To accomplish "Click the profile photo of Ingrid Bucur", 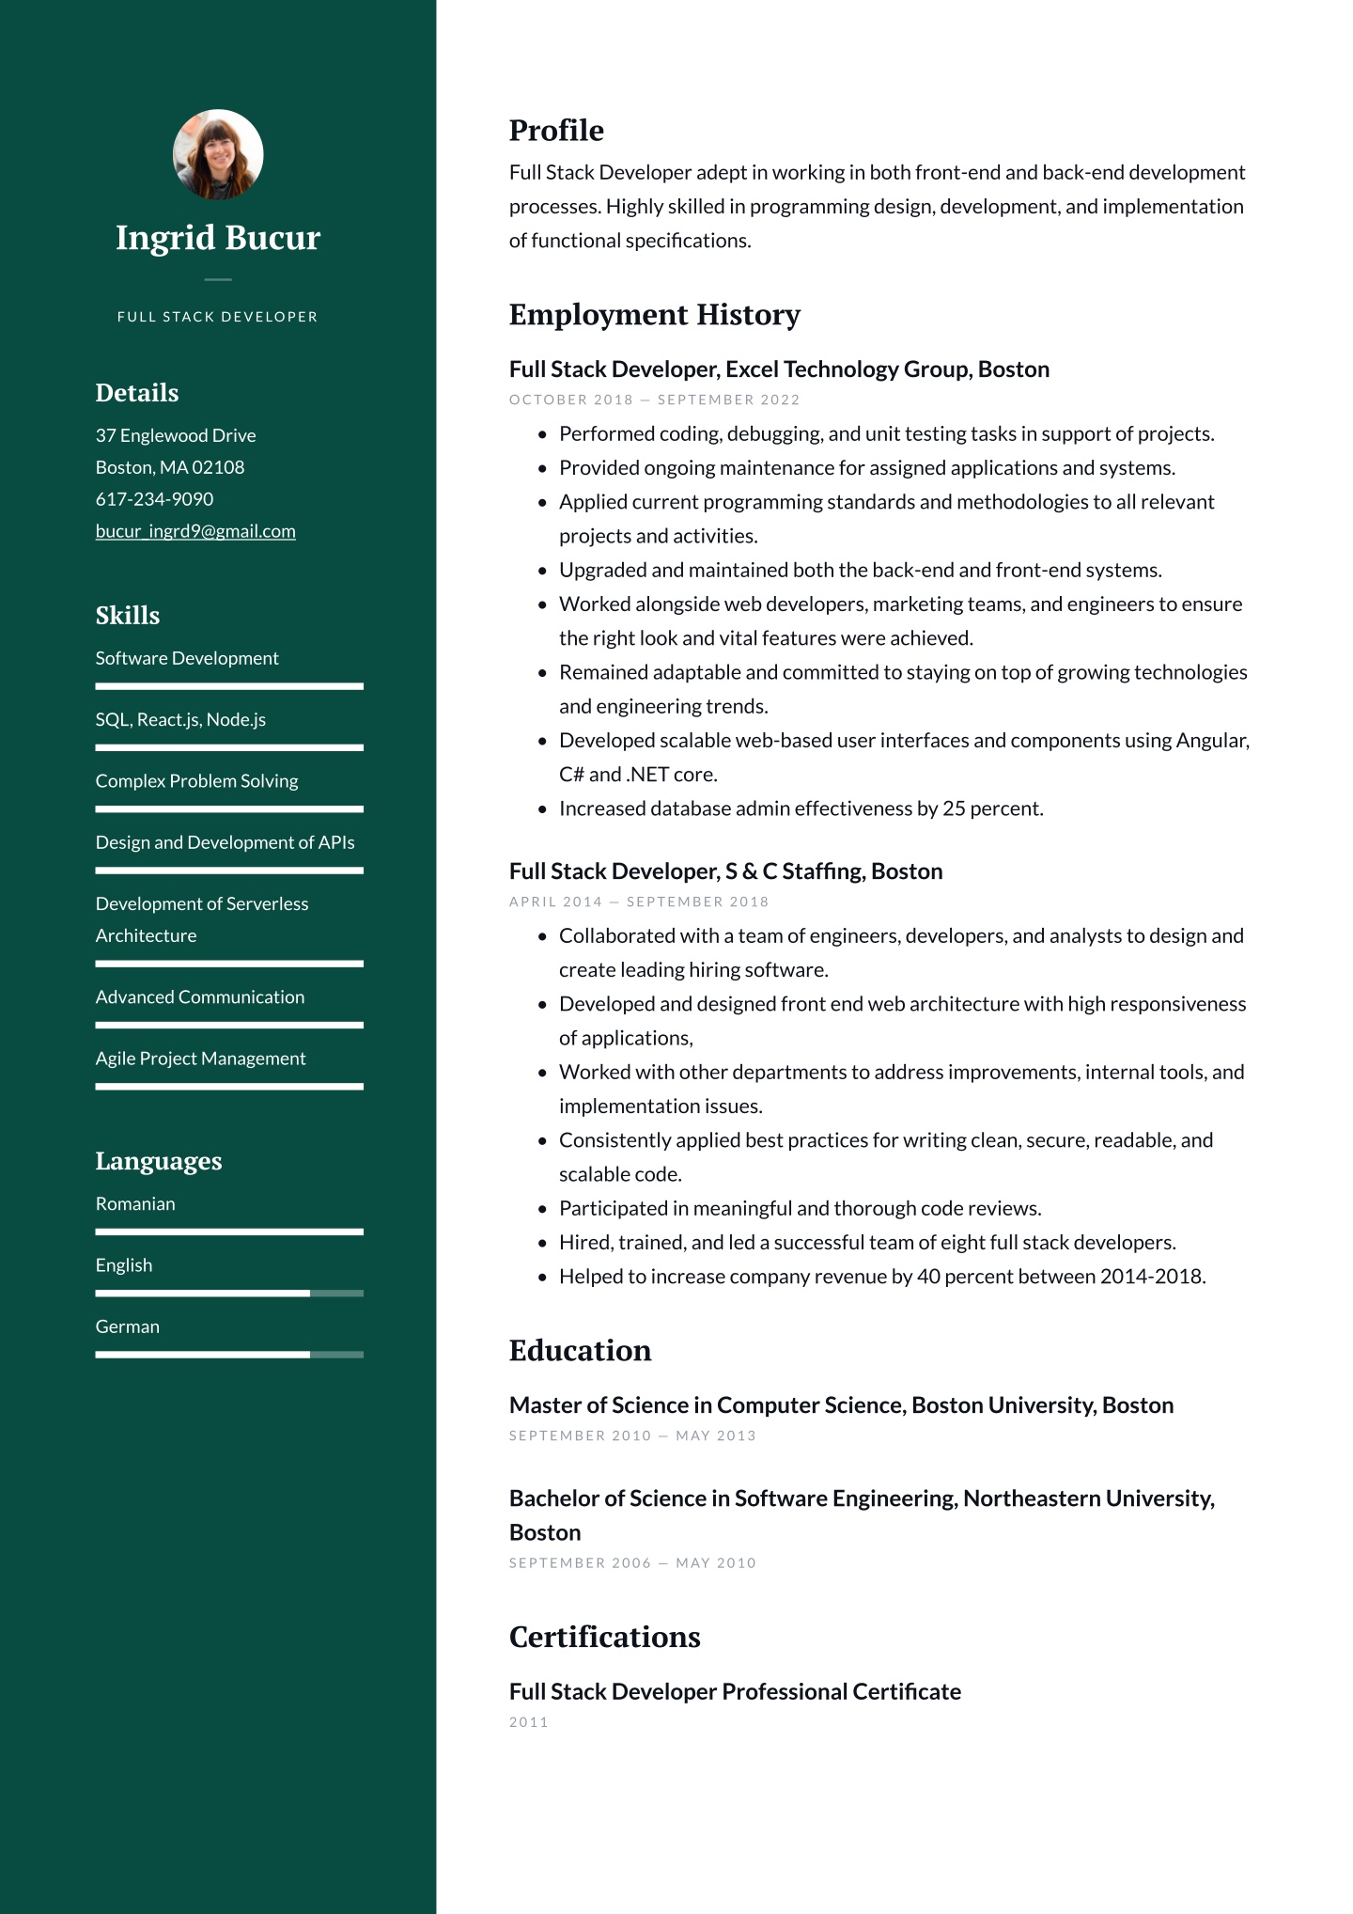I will coord(218,155).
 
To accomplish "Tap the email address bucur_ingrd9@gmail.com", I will coord(195,531).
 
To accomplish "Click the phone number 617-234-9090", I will coord(154,499).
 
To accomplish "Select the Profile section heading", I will coord(556,131).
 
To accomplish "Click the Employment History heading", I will coord(654,315).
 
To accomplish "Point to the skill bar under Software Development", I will coord(229,686).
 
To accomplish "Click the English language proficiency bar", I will coord(229,1294).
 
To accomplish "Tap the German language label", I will coord(128,1326).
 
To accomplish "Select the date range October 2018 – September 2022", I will coord(654,400).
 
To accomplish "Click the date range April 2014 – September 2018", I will coord(639,902).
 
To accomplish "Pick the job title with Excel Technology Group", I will coord(779,369).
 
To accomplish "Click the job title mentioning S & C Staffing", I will coord(725,871).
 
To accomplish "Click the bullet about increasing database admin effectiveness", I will coord(801,808).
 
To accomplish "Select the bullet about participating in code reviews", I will coord(800,1208).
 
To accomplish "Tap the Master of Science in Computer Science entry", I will coord(841,1405).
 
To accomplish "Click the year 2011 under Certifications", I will coord(528,1722).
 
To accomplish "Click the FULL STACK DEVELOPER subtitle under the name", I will coord(218,317).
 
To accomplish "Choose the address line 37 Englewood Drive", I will coord(176,435).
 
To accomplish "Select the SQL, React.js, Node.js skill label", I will coord(180,720).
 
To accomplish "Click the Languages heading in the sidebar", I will coord(159,1161).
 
